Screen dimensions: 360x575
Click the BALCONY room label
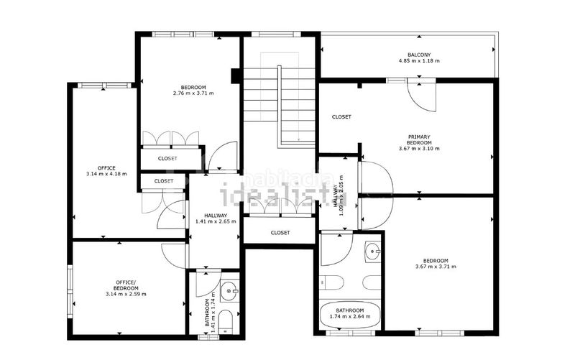pyautogui.click(x=419, y=55)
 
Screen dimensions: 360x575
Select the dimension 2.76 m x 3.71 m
pyautogui.click(x=193, y=93)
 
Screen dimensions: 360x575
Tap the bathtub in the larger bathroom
pyautogui.click(x=350, y=315)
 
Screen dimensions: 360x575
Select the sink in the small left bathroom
pyautogui.click(x=229, y=291)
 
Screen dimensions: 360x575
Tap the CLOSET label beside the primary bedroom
pyautogui.click(x=341, y=116)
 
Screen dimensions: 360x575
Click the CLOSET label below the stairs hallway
pyautogui.click(x=280, y=233)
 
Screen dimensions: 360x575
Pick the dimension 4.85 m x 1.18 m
pyautogui.click(x=419, y=60)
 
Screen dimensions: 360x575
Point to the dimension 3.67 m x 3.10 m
pyautogui.click(x=419, y=149)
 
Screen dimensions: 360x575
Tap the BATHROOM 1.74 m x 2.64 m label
pyautogui.click(x=350, y=313)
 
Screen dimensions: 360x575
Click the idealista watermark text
pyautogui.click(x=280, y=195)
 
